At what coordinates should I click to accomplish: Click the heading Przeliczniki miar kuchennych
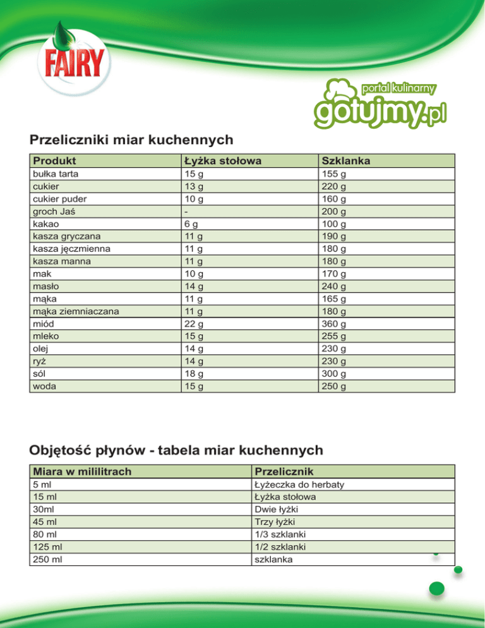(131, 138)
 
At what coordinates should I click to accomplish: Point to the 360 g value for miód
(334, 323)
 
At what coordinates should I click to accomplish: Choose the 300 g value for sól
(334, 373)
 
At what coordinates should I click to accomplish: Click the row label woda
(44, 386)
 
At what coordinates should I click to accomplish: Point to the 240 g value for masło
(334, 286)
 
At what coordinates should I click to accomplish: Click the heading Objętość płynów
(176, 450)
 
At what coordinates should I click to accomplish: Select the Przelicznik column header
(282, 472)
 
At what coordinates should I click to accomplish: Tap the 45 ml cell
(44, 521)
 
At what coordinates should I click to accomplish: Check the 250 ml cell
(46, 559)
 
